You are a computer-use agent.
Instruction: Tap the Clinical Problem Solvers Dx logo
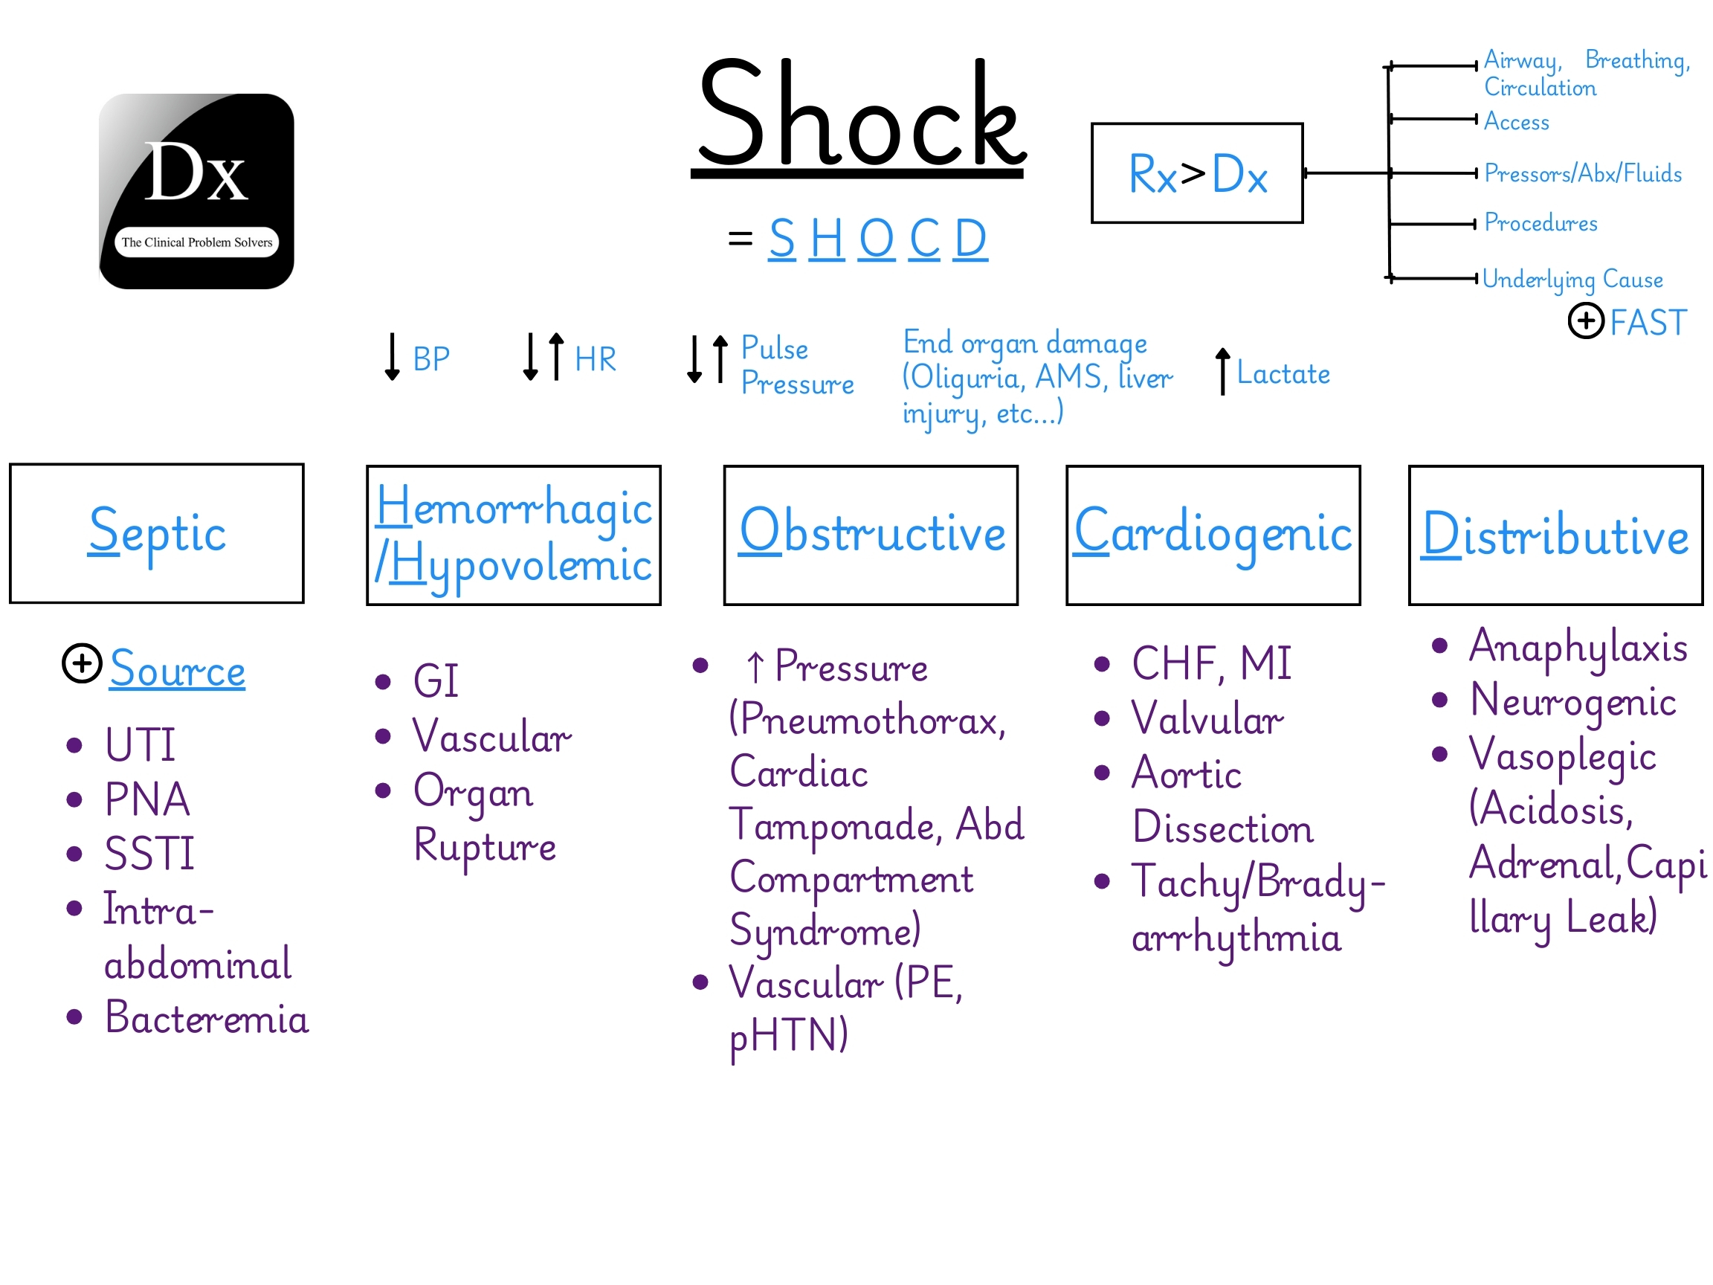(196, 191)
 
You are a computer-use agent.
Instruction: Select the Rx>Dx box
(1196, 173)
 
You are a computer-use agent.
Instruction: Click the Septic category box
(156, 533)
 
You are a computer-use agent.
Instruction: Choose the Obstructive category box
(871, 535)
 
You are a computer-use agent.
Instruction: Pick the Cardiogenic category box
(1213, 535)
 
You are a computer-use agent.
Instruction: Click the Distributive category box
(1555, 535)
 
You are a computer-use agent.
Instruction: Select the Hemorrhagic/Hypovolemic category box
(514, 535)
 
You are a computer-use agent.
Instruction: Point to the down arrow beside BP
(392, 356)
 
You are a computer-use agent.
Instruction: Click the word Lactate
(1283, 374)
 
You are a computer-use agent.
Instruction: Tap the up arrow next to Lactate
(1222, 371)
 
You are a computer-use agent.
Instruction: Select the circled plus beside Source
(82, 663)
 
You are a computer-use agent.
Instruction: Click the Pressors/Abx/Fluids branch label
(1582, 173)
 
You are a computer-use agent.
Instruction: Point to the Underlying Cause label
(1572, 279)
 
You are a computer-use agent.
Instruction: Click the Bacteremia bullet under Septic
(206, 1018)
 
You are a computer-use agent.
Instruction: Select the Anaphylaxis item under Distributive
(1578, 647)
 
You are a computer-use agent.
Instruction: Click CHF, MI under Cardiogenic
(1211, 664)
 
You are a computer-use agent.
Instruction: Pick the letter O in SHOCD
(876, 239)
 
